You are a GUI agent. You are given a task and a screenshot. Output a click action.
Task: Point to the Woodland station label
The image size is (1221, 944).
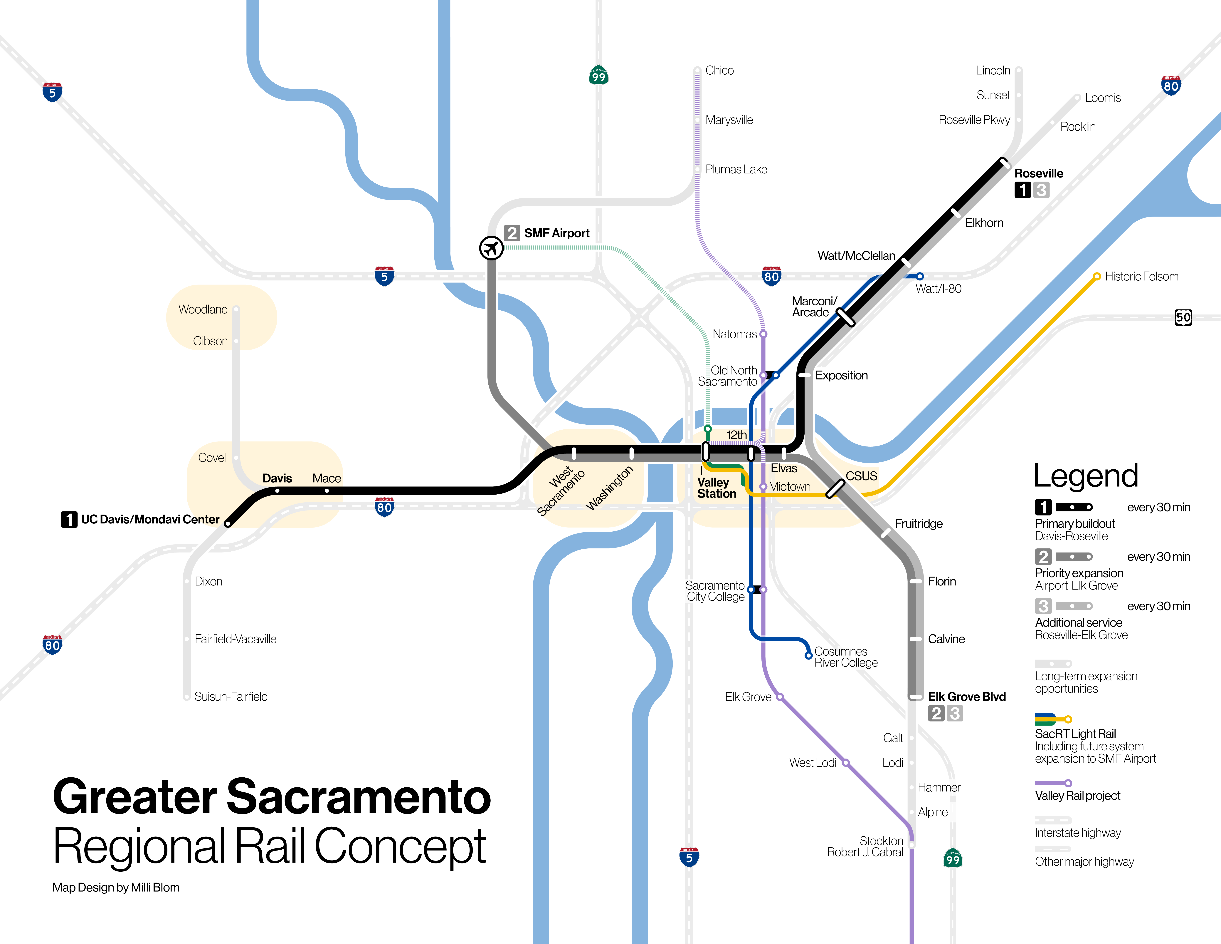pos(203,309)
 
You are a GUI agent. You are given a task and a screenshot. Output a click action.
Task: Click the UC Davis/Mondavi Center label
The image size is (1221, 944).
pos(150,520)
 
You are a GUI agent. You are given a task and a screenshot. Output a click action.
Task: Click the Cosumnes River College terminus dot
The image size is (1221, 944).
pos(808,655)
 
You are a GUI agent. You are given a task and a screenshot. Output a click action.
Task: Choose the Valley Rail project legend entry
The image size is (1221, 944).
pos(1077,796)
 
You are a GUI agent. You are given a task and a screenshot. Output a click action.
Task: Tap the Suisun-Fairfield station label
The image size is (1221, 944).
pos(231,697)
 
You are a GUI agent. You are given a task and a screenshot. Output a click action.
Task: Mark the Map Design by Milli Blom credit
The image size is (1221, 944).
pos(116,888)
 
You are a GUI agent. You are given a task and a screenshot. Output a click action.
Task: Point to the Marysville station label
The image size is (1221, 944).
pos(729,120)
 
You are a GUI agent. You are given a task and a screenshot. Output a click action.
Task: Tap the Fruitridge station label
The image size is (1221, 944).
pos(919,523)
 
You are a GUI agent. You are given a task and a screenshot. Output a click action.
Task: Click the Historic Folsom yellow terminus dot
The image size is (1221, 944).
pos(1097,276)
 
